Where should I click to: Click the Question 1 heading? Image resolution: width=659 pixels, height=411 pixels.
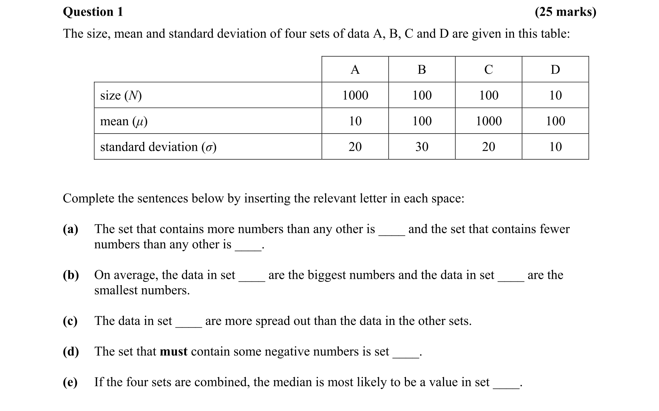click(93, 12)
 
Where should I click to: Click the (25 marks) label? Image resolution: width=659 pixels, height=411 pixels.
click(565, 12)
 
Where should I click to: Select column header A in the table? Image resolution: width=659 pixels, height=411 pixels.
click(355, 69)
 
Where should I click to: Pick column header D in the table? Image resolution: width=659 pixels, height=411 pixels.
click(555, 69)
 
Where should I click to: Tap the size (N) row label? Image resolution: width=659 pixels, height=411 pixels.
click(121, 95)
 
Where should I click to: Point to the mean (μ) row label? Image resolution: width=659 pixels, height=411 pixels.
click(124, 121)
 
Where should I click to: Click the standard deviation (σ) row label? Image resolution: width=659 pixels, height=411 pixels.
click(158, 147)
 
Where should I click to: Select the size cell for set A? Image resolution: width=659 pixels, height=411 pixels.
click(355, 95)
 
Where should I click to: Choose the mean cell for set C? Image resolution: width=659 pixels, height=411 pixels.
click(488, 121)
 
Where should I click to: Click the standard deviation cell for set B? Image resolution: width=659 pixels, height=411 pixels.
click(422, 147)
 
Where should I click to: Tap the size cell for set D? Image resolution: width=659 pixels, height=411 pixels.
click(555, 95)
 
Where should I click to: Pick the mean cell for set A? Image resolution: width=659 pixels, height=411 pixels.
click(355, 121)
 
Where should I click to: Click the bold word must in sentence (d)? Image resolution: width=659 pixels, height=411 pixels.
click(174, 351)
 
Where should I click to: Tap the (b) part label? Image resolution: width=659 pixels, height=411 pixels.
click(71, 275)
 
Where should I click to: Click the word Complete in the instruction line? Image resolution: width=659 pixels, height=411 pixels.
click(88, 199)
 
